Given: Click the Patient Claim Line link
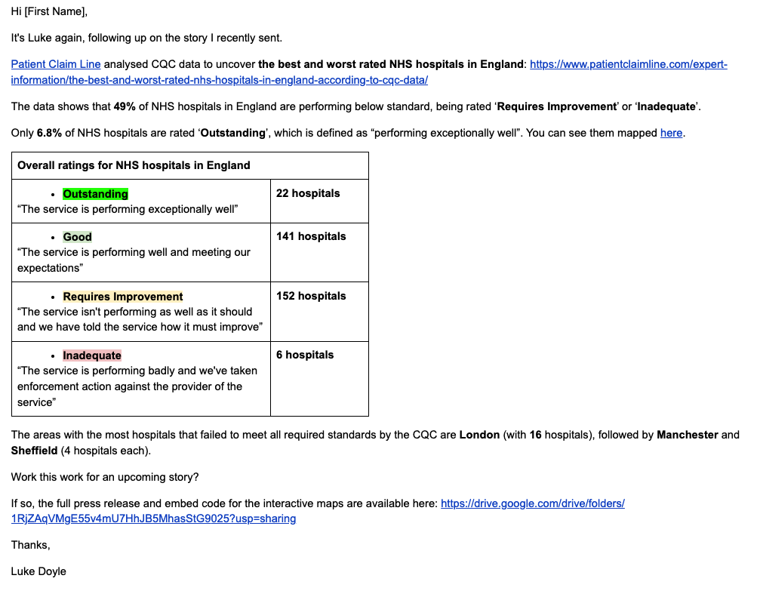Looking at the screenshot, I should (x=55, y=65).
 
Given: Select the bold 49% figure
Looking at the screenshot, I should (x=125, y=106).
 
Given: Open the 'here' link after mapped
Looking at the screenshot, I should (x=671, y=133).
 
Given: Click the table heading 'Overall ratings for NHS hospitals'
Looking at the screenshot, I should (x=134, y=165).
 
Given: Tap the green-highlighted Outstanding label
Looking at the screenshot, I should (x=95, y=194).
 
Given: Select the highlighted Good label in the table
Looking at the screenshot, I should (x=77, y=237).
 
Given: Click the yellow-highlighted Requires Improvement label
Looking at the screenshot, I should (x=122, y=297).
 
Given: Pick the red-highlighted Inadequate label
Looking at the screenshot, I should (x=91, y=355).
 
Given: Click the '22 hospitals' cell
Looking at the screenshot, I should (x=308, y=194).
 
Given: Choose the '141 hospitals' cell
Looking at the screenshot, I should (x=311, y=237).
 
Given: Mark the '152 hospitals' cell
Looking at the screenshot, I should (x=311, y=296).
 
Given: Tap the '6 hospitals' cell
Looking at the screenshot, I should (x=305, y=355).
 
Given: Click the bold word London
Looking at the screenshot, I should (x=479, y=435).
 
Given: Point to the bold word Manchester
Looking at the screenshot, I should (x=688, y=435).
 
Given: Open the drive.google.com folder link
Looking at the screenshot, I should (x=532, y=503).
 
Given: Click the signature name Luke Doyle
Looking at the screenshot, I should (x=38, y=571).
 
